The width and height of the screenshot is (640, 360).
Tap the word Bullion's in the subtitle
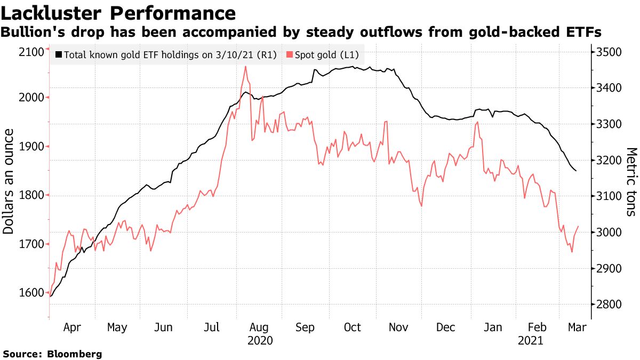[x=31, y=33]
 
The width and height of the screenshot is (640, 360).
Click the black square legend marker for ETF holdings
[x=58, y=55]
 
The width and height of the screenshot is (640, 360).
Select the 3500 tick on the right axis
[x=609, y=52]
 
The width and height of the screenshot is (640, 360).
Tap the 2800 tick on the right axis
[x=609, y=305]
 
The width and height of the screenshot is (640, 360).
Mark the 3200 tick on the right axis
[x=609, y=160]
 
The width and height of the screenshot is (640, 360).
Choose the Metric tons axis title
[x=631, y=182]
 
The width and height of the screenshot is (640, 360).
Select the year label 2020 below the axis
[x=260, y=341]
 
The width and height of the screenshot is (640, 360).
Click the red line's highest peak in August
[x=245, y=67]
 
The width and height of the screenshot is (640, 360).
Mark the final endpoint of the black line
[x=576, y=171]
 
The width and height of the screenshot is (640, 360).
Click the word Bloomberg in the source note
[x=75, y=354]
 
